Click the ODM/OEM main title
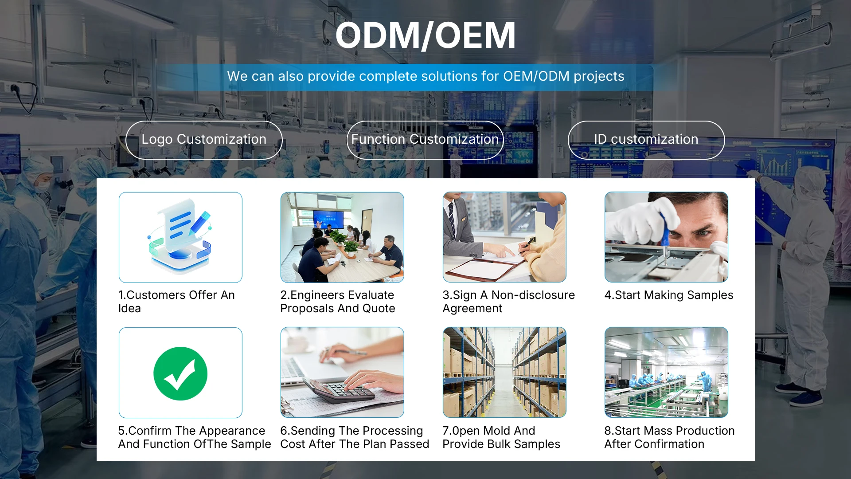tap(425, 35)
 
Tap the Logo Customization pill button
tap(204, 140)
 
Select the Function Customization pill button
tap(425, 140)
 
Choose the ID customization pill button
tap(646, 140)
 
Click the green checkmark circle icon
tap(180, 373)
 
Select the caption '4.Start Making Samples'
tap(669, 295)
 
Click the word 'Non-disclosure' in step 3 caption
tap(533, 295)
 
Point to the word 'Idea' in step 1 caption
tap(129, 308)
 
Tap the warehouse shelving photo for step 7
tap(504, 373)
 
